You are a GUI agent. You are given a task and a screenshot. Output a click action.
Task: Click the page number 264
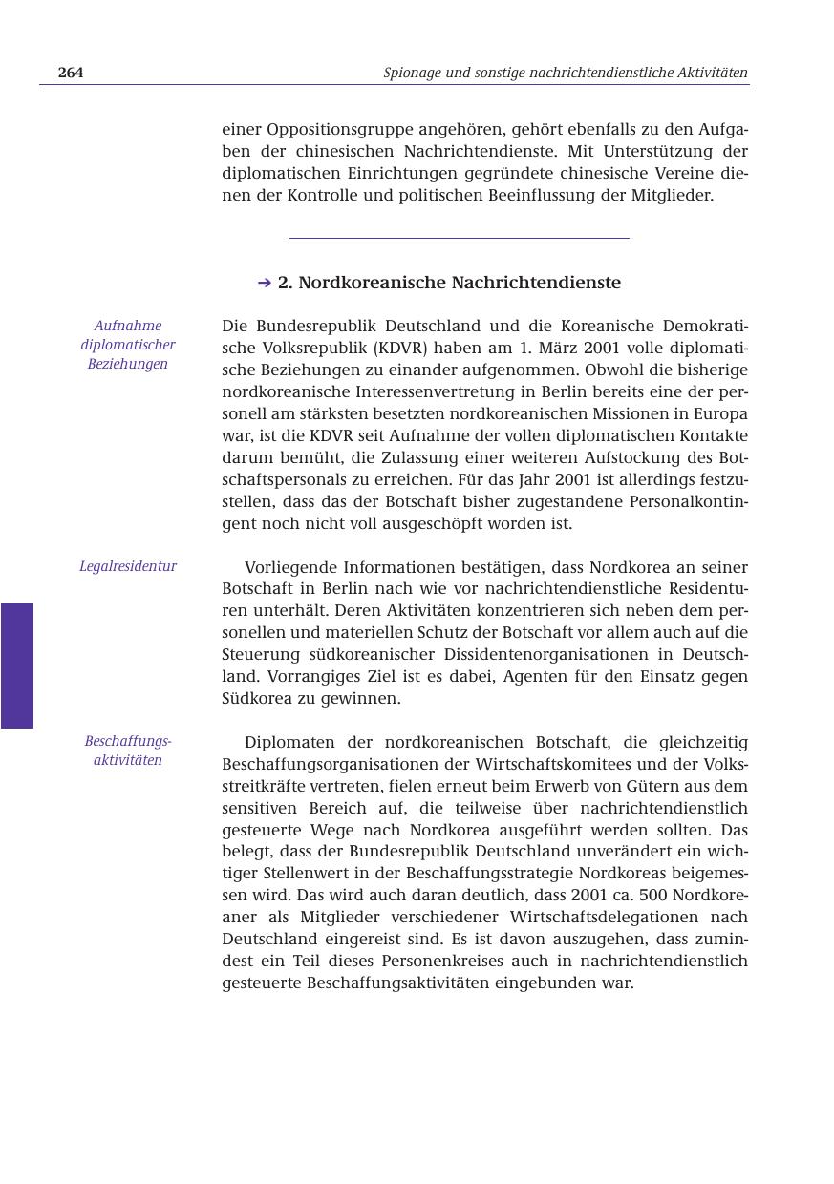click(71, 73)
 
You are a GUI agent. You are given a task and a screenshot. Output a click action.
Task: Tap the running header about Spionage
click(565, 73)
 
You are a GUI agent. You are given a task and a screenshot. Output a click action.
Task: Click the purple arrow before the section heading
click(265, 283)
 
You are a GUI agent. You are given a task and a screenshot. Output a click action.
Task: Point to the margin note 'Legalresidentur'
click(128, 566)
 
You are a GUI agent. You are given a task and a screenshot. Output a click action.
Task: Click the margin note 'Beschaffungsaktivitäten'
click(128, 751)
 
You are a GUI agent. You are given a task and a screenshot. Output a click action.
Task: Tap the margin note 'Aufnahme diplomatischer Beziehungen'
click(128, 345)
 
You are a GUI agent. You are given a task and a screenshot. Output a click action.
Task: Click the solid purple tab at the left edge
click(16, 666)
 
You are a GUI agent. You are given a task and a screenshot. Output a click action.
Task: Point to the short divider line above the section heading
click(459, 238)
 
